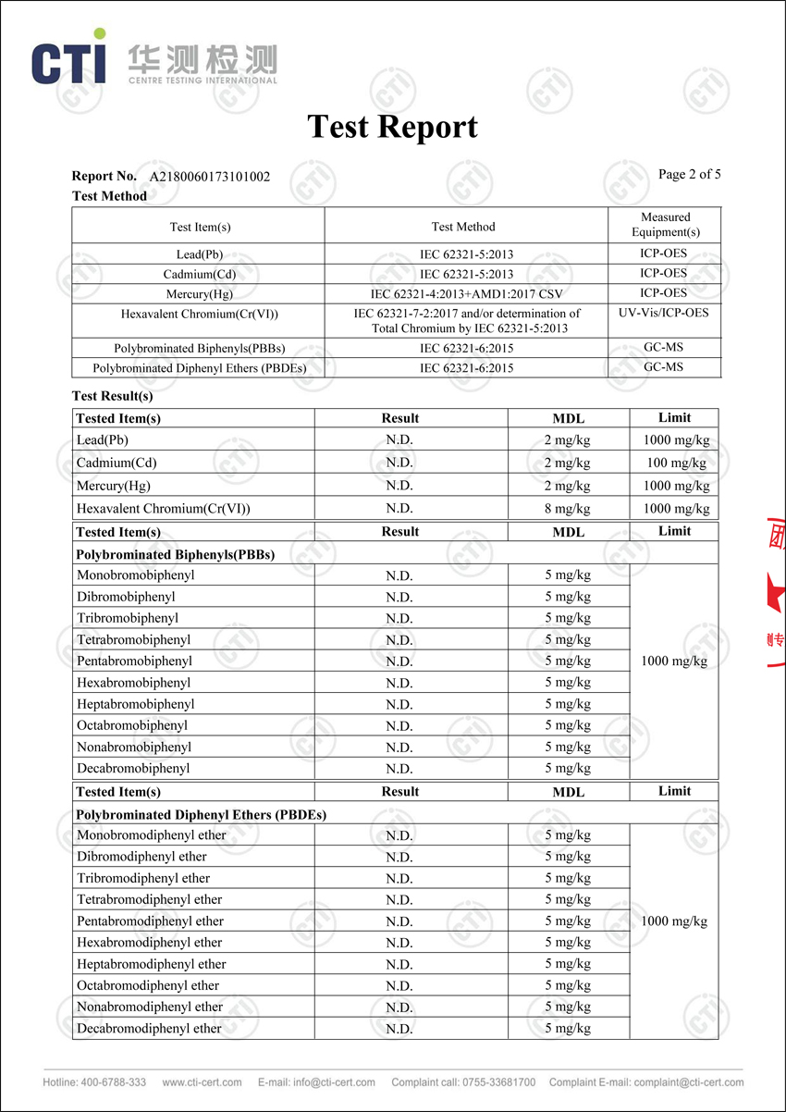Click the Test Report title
click(x=392, y=127)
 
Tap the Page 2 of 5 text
click(x=689, y=174)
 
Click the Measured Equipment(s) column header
click(x=665, y=225)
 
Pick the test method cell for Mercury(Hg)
click(x=466, y=294)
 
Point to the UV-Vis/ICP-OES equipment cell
click(x=663, y=313)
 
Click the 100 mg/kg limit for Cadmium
click(x=676, y=463)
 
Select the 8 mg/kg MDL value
click(x=567, y=508)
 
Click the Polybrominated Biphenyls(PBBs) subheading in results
click(x=175, y=554)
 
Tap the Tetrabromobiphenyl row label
click(x=134, y=639)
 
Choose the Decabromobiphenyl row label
click(x=133, y=768)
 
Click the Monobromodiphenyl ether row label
click(x=152, y=834)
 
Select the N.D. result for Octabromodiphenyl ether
click(x=399, y=986)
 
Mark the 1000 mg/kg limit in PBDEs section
click(x=673, y=920)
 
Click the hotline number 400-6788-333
click(x=111, y=1081)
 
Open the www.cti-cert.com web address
click(x=202, y=1081)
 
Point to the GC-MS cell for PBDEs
click(x=663, y=367)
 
